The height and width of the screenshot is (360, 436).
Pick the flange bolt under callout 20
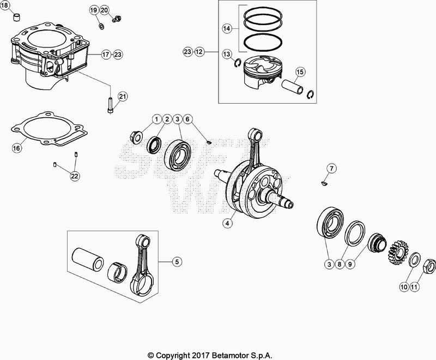[x=116, y=20]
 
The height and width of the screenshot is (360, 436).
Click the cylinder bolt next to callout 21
[x=111, y=104]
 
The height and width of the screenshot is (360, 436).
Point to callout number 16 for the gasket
[x=17, y=147]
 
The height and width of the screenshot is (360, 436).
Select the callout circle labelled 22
[x=74, y=175]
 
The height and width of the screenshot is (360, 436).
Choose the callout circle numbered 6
[x=187, y=119]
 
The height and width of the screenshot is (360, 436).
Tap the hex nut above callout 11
[x=428, y=266]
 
